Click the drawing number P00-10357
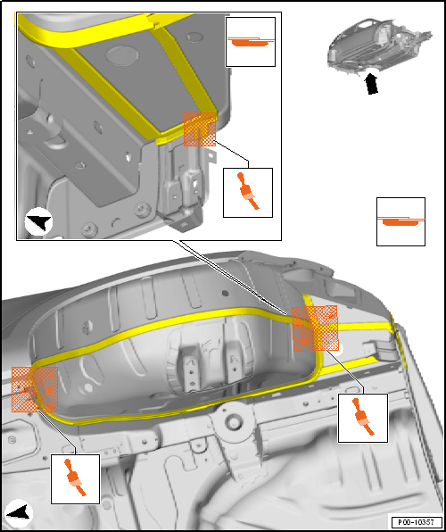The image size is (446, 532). pyautogui.click(x=417, y=521)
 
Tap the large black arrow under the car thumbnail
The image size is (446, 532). pyautogui.click(x=372, y=84)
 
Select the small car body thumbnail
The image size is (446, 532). pyautogui.click(x=379, y=47)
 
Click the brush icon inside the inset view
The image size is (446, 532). pyautogui.click(x=248, y=193)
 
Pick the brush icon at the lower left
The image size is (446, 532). pyautogui.click(x=75, y=479)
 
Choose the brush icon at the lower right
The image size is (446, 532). pyautogui.click(x=362, y=418)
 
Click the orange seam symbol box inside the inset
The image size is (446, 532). pyautogui.click(x=251, y=42)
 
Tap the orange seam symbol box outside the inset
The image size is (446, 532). pyautogui.click(x=401, y=221)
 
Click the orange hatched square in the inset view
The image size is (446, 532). pyautogui.click(x=200, y=129)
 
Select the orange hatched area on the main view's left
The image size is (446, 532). pyautogui.click(x=35, y=389)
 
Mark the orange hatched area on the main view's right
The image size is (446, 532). pyautogui.click(x=315, y=328)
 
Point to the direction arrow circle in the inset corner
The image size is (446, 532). pyautogui.click(x=38, y=221)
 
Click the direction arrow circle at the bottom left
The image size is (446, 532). pyautogui.click(x=20, y=513)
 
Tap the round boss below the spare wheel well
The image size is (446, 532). pyautogui.click(x=233, y=421)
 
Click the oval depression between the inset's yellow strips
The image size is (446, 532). pyautogui.click(x=122, y=55)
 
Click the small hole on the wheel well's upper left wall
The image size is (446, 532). pyautogui.click(x=87, y=326)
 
